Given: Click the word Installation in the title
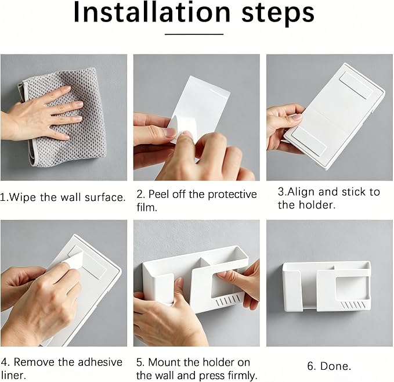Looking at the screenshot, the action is pyautogui.click(x=152, y=12).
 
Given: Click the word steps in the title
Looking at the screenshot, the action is pyautogui.click(x=278, y=13).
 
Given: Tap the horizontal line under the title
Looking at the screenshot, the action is pyautogui.click(x=194, y=34).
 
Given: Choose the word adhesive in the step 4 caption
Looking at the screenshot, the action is pyautogui.click(x=100, y=362).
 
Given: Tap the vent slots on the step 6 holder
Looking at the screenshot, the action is pyautogui.click(x=353, y=305).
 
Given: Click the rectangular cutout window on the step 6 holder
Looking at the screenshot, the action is pyautogui.click(x=352, y=287).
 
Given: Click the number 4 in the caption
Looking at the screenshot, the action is pyautogui.click(x=5, y=362).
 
